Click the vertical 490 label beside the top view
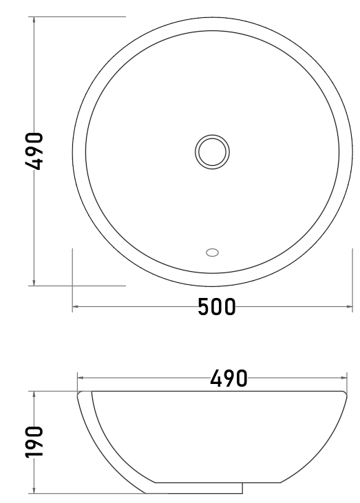(x=34, y=151)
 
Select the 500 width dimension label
(x=217, y=307)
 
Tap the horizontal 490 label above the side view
(x=229, y=378)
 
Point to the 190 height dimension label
(x=34, y=442)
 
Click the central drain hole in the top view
(x=212, y=152)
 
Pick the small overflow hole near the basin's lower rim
(x=212, y=253)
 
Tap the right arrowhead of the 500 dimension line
(x=349, y=307)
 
